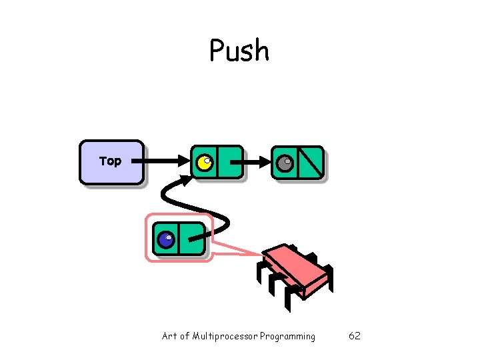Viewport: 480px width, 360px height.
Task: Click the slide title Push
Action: click(x=239, y=51)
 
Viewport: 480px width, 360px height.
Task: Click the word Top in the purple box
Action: click(x=110, y=161)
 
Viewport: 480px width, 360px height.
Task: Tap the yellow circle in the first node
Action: click(x=204, y=162)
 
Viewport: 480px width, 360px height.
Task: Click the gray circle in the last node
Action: click(x=285, y=163)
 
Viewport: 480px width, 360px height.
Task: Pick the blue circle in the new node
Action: click(x=166, y=239)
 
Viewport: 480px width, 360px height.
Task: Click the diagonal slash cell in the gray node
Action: click(x=311, y=163)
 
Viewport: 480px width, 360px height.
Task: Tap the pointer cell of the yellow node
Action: click(x=229, y=162)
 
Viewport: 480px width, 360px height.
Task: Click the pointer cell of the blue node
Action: click(x=192, y=239)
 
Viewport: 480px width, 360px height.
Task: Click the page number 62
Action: click(x=355, y=336)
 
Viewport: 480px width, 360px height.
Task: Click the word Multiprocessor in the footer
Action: click(x=224, y=336)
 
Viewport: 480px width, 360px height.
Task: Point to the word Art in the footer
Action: click(x=169, y=336)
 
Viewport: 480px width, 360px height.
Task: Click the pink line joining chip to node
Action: click(x=240, y=248)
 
